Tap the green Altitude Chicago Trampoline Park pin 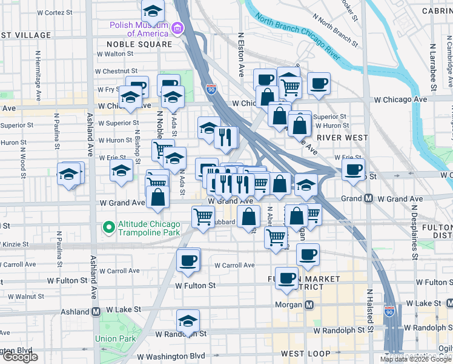109,227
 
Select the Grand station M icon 368,198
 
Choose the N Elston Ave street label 241,55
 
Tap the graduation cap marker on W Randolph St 188,321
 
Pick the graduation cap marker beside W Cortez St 153,10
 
